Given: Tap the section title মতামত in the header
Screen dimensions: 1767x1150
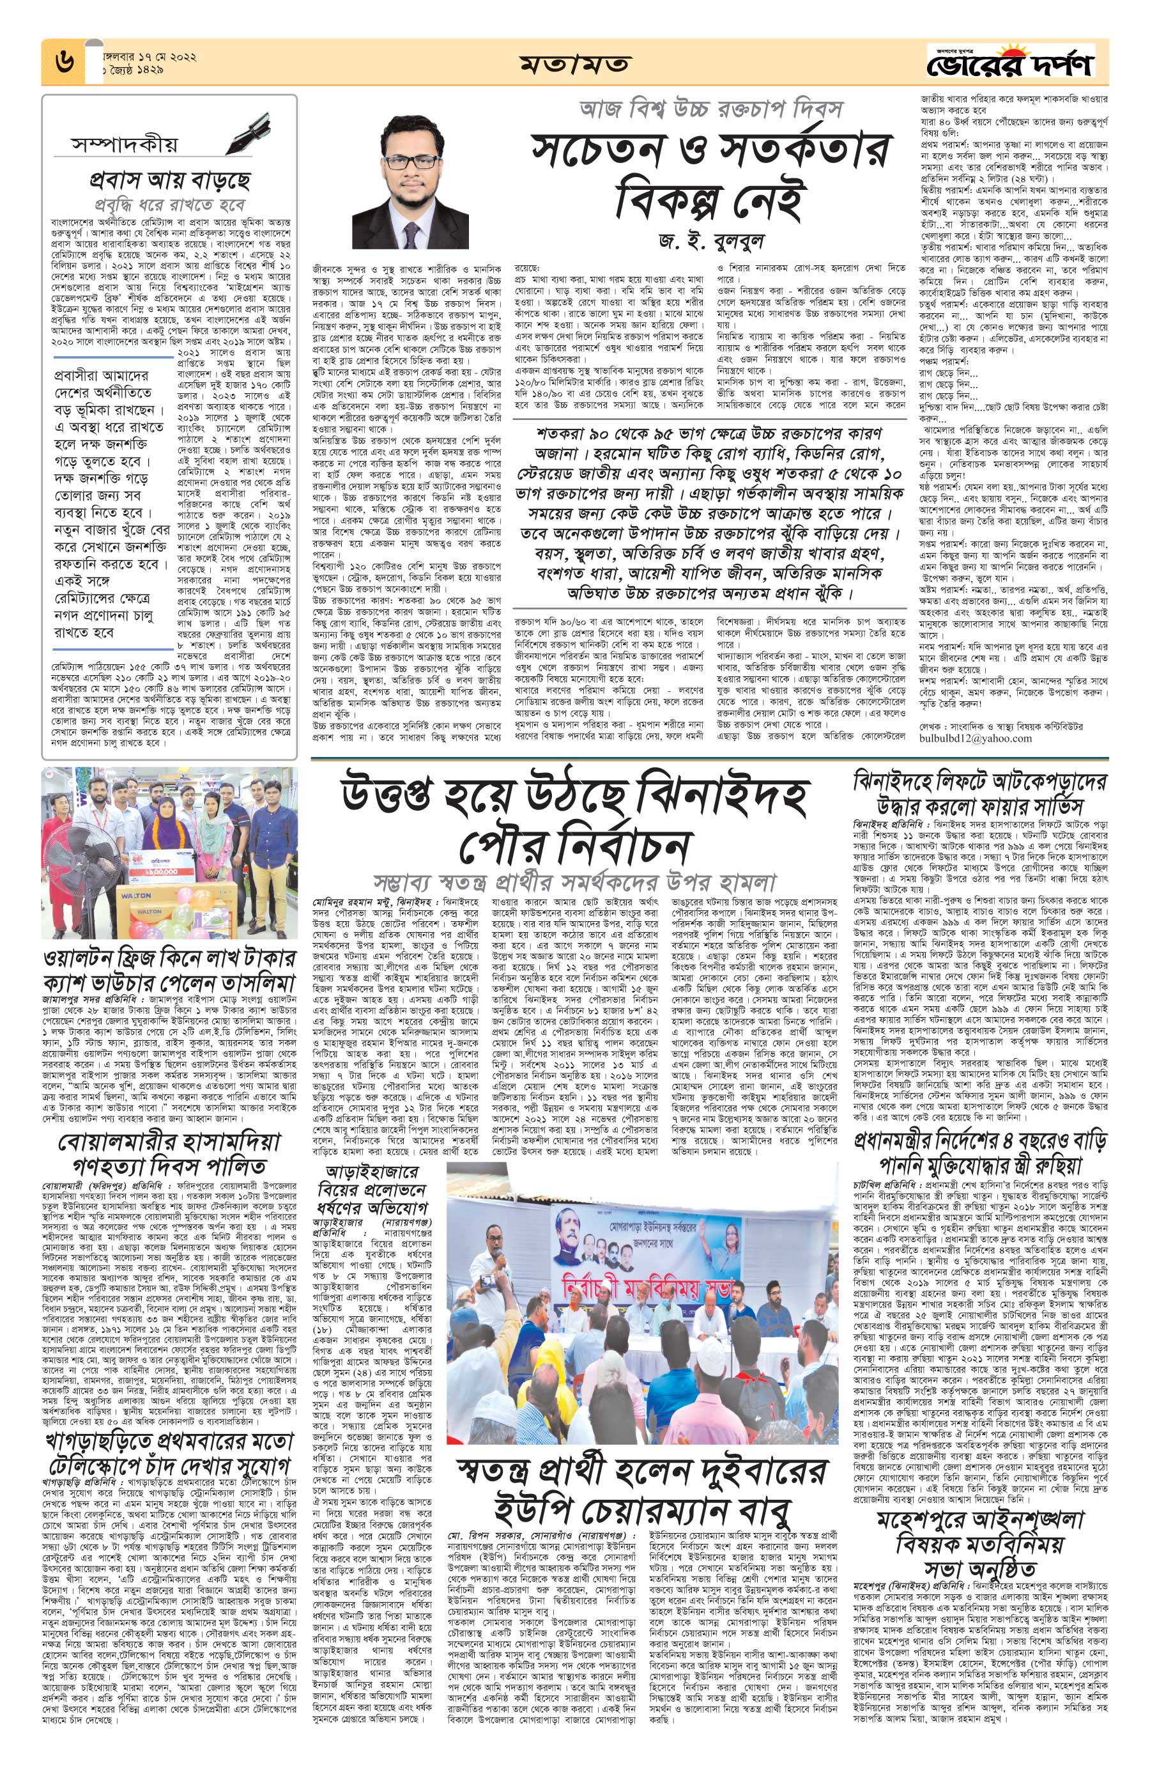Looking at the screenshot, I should pyautogui.click(x=574, y=64).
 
